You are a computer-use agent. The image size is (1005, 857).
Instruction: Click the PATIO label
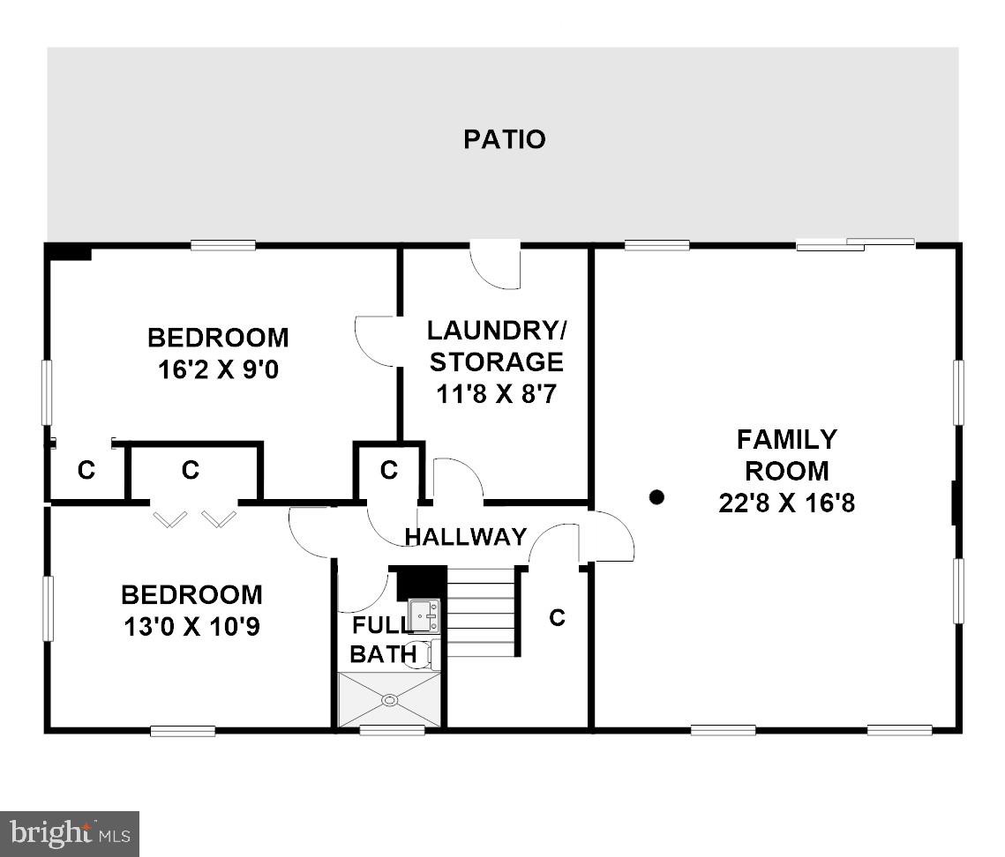(x=504, y=139)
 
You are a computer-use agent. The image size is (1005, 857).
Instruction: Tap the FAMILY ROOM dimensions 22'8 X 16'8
(x=786, y=503)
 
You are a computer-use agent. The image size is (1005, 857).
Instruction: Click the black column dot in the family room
(x=656, y=497)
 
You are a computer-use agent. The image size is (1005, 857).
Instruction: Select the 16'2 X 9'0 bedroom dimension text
(x=218, y=369)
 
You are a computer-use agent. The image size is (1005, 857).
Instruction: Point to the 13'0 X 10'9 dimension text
(x=191, y=627)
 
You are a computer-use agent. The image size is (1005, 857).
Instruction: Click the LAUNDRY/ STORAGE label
(x=496, y=347)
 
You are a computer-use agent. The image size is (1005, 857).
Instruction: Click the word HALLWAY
(x=465, y=536)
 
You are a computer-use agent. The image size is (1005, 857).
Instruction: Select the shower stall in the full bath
(x=389, y=699)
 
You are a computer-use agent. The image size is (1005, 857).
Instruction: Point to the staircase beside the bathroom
(x=481, y=612)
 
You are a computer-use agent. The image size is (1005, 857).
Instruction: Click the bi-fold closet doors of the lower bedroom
(x=195, y=518)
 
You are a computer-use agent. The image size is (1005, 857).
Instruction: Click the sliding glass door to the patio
(x=855, y=244)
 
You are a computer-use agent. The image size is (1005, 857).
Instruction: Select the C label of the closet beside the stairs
(x=557, y=618)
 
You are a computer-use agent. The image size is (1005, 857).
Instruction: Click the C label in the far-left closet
(x=86, y=471)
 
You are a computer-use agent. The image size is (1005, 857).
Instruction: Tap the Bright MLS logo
(x=70, y=833)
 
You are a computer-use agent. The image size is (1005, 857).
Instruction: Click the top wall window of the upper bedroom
(x=223, y=245)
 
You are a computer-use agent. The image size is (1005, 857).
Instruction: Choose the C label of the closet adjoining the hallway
(x=388, y=471)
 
